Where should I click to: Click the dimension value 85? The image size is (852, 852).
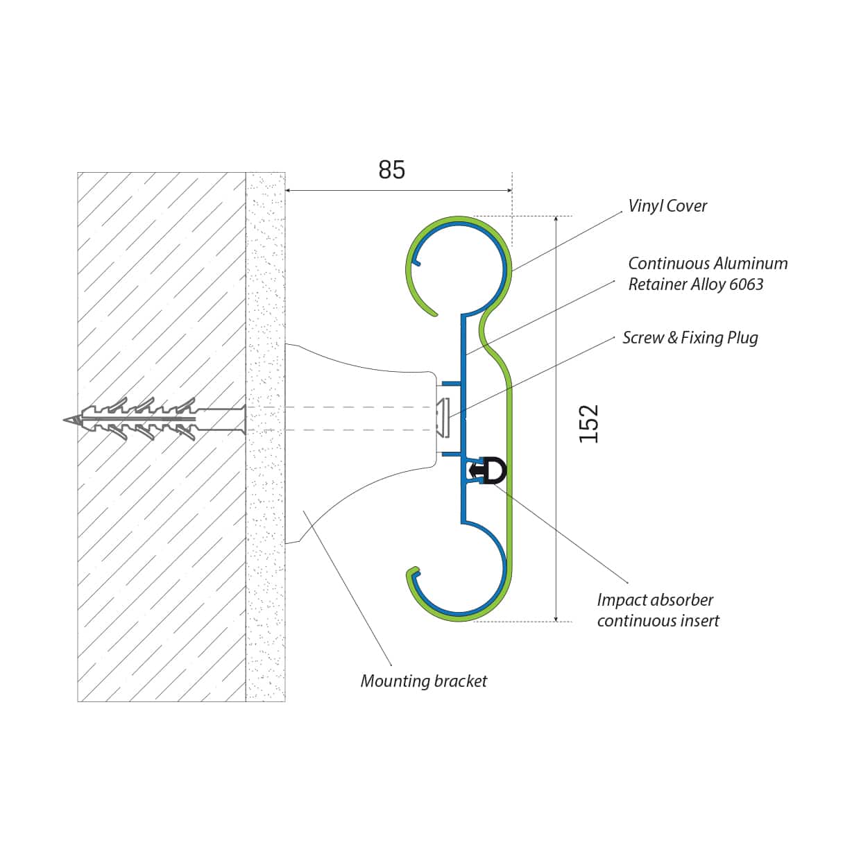[391, 170]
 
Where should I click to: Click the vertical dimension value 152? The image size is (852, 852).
[588, 423]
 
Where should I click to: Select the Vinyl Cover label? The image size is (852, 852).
[667, 206]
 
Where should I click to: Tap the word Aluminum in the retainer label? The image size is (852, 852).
[751, 264]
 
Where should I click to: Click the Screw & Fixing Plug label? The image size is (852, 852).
[690, 338]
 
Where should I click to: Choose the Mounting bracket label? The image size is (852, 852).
[423, 681]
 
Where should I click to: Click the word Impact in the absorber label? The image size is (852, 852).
[620, 600]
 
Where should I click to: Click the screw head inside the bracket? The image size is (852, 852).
[443, 418]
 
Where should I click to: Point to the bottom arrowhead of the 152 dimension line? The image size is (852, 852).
[556, 617]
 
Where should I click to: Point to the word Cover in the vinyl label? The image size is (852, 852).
[687, 206]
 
